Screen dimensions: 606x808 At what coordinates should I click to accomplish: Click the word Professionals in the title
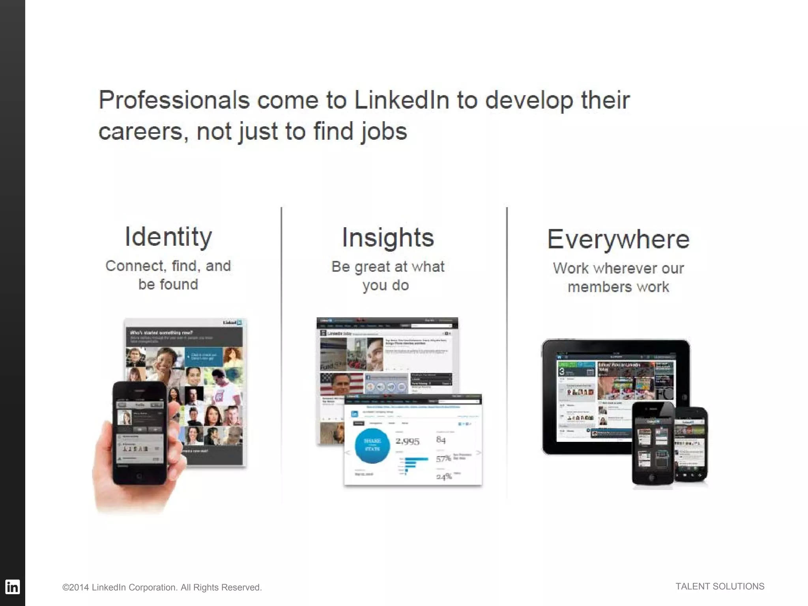point(174,100)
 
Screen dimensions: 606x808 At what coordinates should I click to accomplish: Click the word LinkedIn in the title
point(401,100)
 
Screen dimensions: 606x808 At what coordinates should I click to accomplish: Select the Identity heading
point(168,237)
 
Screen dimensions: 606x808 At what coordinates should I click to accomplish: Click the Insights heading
point(388,238)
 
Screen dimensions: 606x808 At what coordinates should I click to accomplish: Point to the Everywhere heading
point(618,239)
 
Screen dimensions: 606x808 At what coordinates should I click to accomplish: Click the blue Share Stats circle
point(372,445)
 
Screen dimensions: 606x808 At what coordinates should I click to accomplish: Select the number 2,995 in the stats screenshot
point(408,441)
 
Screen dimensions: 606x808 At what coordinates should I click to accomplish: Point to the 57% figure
point(443,459)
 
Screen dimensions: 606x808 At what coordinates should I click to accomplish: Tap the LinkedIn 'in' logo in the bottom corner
point(12,587)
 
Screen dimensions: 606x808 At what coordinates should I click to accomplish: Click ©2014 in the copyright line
point(75,587)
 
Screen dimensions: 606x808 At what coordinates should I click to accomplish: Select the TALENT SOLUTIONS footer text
point(720,587)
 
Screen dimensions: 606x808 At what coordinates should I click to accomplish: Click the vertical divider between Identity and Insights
point(281,355)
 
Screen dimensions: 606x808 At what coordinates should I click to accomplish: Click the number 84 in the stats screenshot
point(441,440)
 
